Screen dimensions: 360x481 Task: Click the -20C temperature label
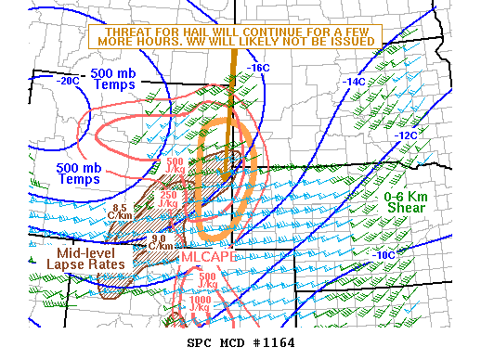pos(68,81)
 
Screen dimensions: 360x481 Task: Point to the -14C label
pos(355,82)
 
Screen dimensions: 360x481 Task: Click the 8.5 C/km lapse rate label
pos(119,212)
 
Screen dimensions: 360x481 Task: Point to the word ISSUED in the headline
pos(354,42)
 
